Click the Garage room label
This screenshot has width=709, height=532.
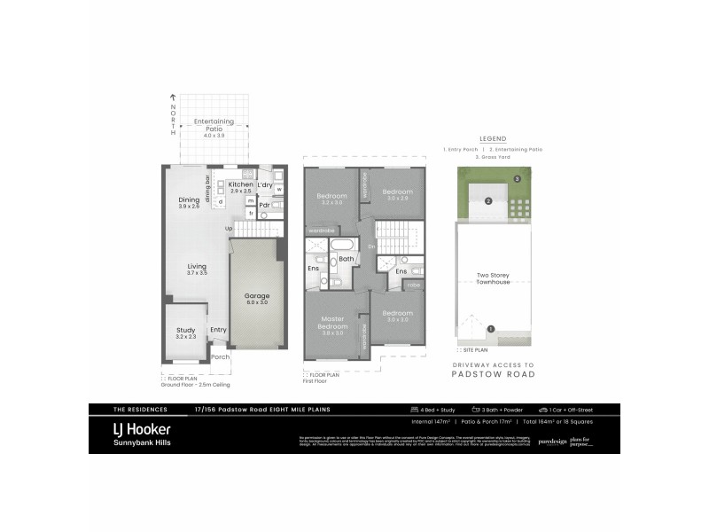point(258,296)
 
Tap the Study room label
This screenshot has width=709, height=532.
point(185,330)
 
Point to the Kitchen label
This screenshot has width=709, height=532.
point(240,184)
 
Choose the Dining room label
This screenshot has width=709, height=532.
point(189,200)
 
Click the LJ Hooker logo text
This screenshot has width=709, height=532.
point(142,429)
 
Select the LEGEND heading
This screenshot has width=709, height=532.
point(492,140)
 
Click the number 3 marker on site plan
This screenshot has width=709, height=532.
point(517,180)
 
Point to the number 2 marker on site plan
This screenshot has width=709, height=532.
point(488,200)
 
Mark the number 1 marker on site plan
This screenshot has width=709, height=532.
point(491,330)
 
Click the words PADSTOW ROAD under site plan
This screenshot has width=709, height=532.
point(492,375)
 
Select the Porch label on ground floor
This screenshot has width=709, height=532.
point(219,358)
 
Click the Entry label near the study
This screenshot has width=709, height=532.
point(218,330)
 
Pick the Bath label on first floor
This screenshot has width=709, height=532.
point(346,259)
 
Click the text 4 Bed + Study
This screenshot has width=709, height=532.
point(431,411)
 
